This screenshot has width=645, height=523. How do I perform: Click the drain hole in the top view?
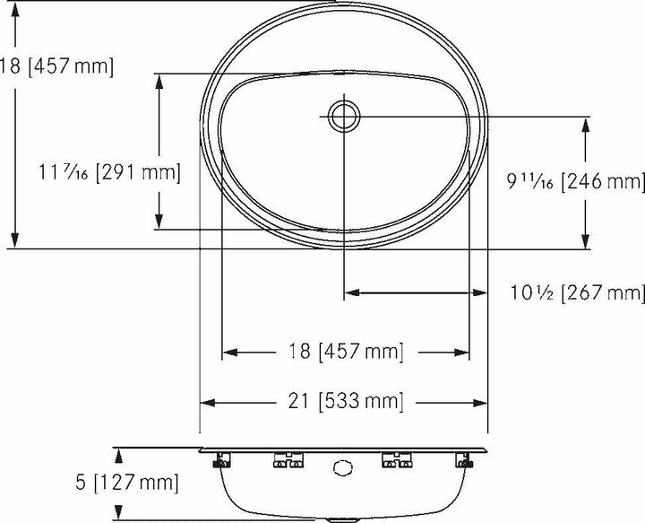point(344,115)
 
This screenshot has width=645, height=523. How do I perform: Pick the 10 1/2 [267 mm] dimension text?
point(576,292)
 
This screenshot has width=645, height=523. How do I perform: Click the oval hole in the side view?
point(341,466)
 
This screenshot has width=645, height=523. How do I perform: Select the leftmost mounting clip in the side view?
point(218,462)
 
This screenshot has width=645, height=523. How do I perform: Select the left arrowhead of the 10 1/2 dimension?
point(350,292)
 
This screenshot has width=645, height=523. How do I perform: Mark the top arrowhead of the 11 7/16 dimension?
point(159,79)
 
